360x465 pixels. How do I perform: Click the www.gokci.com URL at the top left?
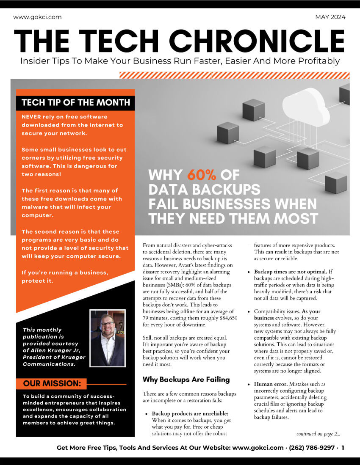coord(37,17)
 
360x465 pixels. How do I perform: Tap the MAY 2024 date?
coord(330,17)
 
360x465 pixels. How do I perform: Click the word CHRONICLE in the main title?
coord(258,41)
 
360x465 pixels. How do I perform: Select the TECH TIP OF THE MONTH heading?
coord(75,102)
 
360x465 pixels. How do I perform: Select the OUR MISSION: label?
coord(52,384)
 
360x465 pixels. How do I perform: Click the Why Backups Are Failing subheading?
coord(186,380)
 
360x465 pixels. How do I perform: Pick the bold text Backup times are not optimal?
coord(290,271)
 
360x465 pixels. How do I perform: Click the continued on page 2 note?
coord(318,434)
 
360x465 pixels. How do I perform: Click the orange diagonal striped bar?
coord(235,75)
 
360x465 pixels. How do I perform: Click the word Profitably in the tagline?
coord(318,61)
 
